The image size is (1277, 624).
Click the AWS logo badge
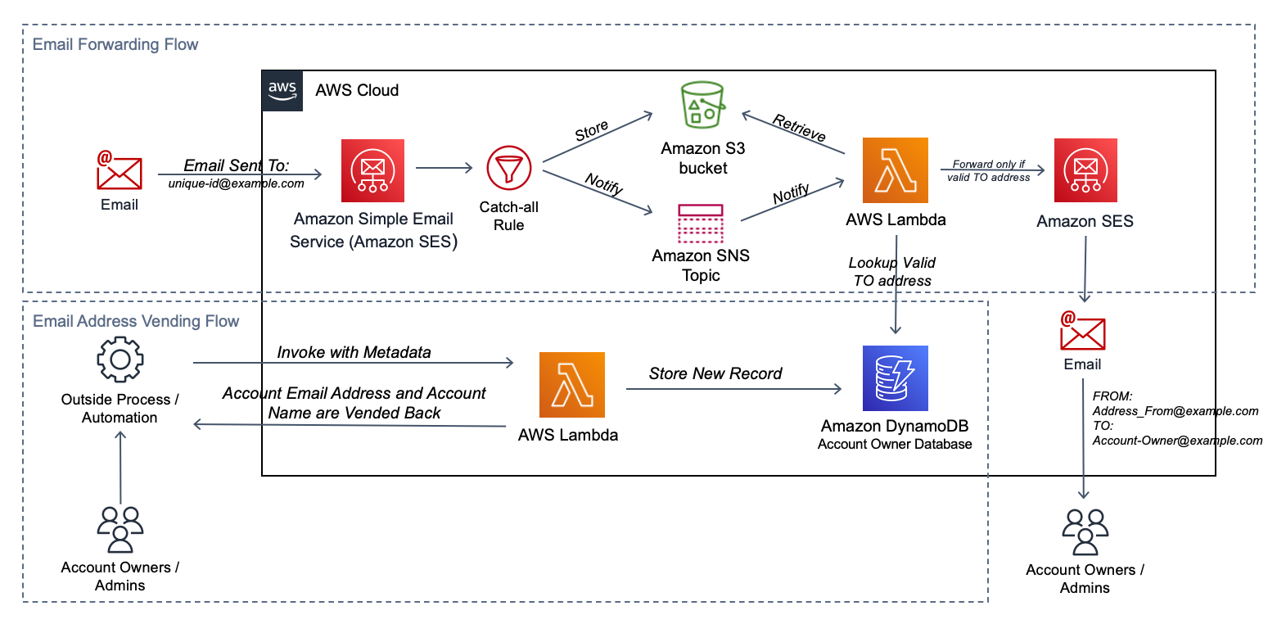click(x=282, y=91)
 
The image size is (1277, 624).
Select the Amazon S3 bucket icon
click(x=703, y=105)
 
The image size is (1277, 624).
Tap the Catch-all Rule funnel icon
click(x=508, y=168)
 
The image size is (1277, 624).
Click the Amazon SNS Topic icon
click(x=701, y=223)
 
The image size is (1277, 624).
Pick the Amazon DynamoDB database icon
click(x=895, y=378)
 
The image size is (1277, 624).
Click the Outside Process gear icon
click(x=120, y=359)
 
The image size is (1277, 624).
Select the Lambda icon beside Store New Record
click(x=572, y=384)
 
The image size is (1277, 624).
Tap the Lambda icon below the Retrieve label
click(x=895, y=170)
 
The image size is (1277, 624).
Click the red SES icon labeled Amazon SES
click(x=1085, y=170)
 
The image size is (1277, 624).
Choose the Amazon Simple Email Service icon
click(x=372, y=170)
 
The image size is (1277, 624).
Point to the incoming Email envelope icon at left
click(x=120, y=170)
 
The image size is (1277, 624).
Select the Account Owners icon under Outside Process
click(x=120, y=529)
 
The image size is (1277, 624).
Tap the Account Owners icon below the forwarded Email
click(x=1085, y=532)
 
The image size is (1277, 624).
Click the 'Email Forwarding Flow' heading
click(x=115, y=44)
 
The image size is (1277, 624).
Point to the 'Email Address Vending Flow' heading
click(x=136, y=321)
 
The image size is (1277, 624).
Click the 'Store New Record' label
click(x=715, y=373)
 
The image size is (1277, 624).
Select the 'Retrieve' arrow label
click(x=799, y=128)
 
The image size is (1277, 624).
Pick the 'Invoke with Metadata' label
click(x=354, y=352)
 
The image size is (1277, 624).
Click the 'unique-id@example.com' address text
click(x=236, y=183)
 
